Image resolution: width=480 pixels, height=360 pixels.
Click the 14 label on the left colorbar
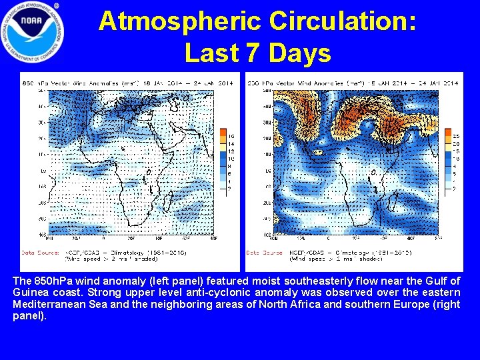231,143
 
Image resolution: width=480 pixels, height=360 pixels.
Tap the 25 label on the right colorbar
455,136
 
